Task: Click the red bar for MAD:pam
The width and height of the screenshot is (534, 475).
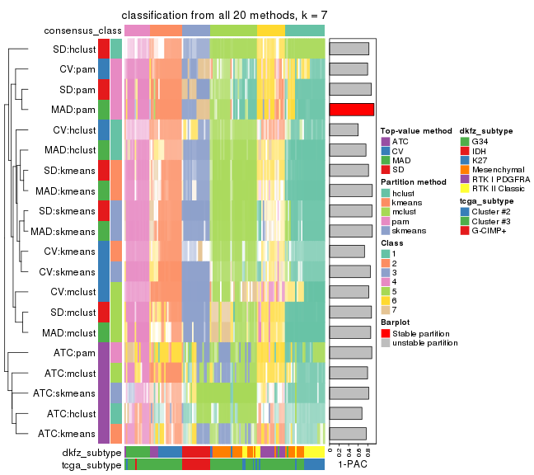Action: point(351,109)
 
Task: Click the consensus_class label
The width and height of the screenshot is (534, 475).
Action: point(79,31)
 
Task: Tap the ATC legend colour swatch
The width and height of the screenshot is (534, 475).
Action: point(385,141)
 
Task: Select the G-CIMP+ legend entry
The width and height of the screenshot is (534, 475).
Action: point(492,231)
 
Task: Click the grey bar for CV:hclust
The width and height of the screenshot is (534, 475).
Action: point(344,129)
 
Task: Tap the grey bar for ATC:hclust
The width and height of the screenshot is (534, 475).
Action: point(345,412)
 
